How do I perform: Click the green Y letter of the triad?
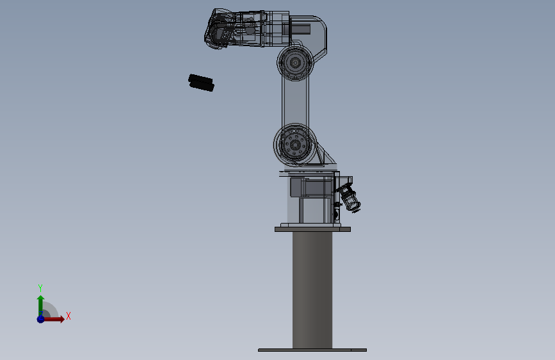[40, 288]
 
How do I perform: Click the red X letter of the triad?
[68, 316]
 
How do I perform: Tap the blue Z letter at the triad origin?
[40, 314]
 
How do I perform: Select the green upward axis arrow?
[40, 302]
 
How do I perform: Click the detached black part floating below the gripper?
[201, 82]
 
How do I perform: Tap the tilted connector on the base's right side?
[350, 197]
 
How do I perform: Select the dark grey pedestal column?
[312, 288]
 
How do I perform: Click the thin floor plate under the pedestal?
[312, 350]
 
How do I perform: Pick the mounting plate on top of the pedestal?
[312, 229]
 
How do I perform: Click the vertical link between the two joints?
[295, 102]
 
